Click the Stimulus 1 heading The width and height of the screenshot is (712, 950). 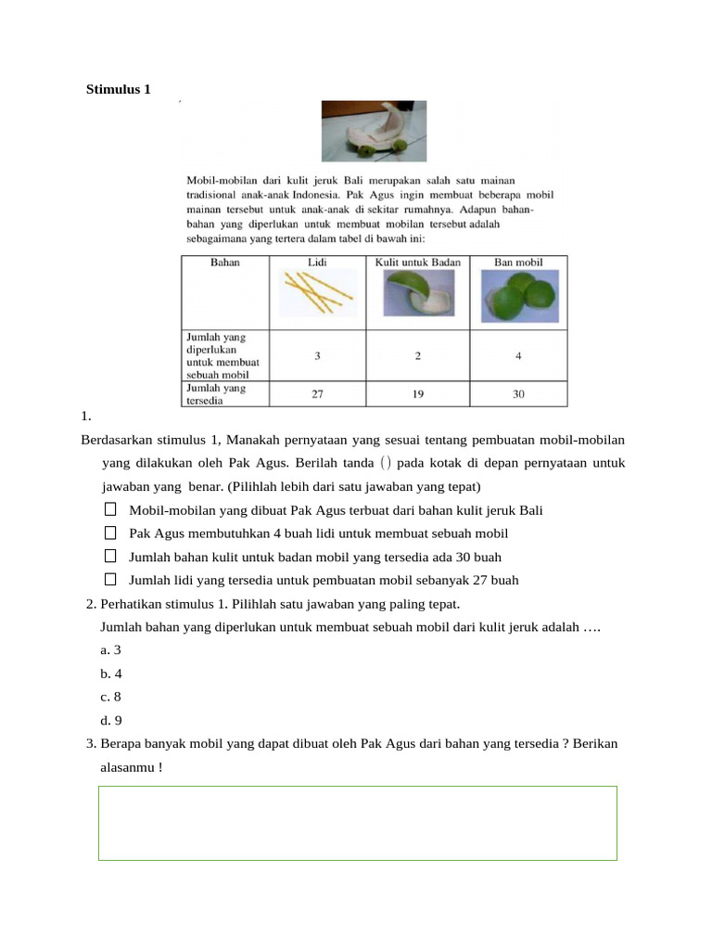click(x=118, y=90)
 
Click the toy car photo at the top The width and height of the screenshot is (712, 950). click(x=374, y=131)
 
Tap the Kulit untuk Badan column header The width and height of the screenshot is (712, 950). click(x=417, y=263)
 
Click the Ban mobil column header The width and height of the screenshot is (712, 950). click(x=518, y=263)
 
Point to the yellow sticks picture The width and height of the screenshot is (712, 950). click(x=317, y=295)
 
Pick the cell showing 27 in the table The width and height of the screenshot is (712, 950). click(x=317, y=394)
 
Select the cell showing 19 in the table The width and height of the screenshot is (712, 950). click(x=418, y=394)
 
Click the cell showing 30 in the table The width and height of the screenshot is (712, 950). click(x=518, y=394)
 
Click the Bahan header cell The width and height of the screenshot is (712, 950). click(x=224, y=263)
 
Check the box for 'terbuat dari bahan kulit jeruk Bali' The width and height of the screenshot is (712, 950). click(x=110, y=509)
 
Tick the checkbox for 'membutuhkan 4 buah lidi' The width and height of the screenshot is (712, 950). click(x=110, y=533)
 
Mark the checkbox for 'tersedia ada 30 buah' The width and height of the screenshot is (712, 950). click(x=110, y=556)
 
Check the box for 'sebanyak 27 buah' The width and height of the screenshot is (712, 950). click(x=110, y=579)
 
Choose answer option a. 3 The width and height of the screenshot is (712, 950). click(x=111, y=650)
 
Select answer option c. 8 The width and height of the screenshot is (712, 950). click(x=111, y=697)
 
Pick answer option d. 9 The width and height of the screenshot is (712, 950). click(x=111, y=720)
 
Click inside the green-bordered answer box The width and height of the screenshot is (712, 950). click(x=357, y=823)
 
